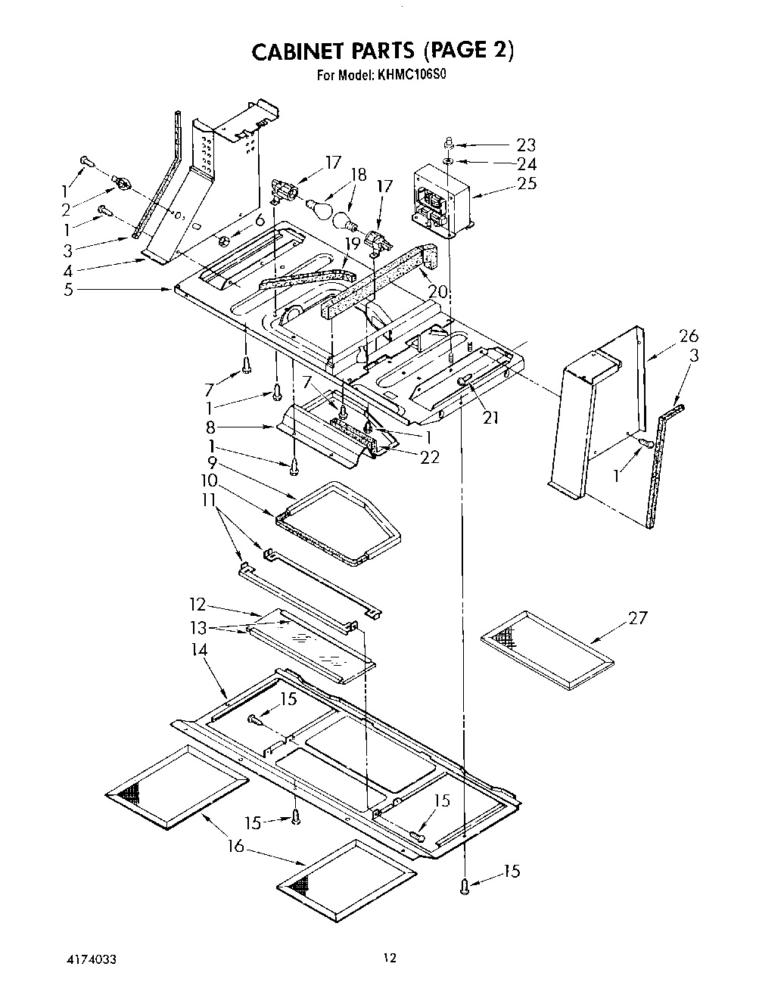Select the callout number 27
pos(638,617)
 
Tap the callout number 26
pos(688,336)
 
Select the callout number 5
pos(69,289)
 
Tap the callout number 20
pos(437,291)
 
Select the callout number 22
pos(429,456)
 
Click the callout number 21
pos(490,416)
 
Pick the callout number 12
pos(197,604)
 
